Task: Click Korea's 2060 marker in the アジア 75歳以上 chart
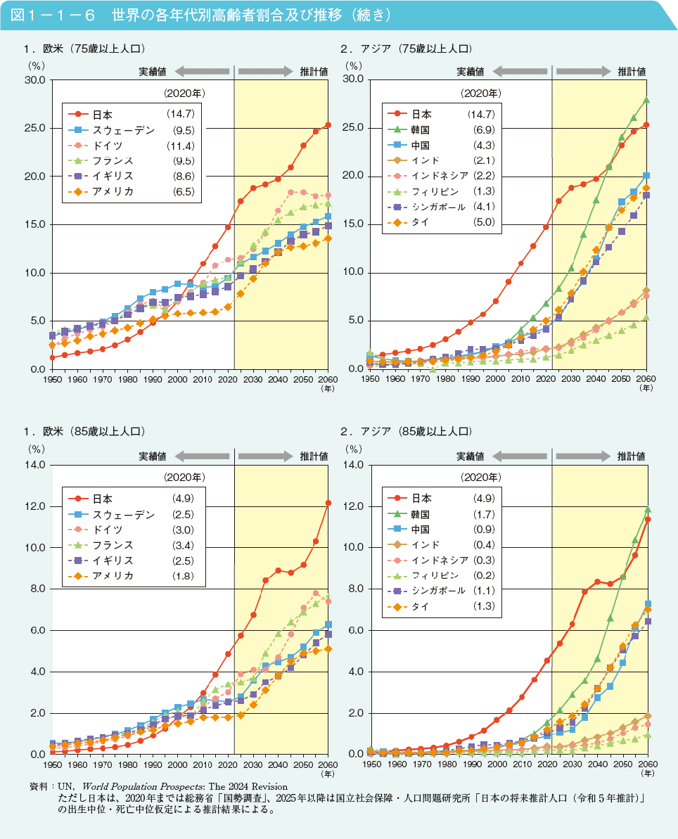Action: pos(646,100)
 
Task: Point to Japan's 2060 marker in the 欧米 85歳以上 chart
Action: pos(328,503)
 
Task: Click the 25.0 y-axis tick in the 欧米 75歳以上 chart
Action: pos(34,128)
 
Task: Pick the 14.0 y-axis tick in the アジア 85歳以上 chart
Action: pos(352,465)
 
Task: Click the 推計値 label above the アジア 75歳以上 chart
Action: pos(632,71)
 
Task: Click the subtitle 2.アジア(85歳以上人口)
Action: pos(406,430)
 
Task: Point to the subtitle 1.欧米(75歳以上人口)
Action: pos(84,49)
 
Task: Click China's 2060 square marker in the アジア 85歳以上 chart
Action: pos(647,604)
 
